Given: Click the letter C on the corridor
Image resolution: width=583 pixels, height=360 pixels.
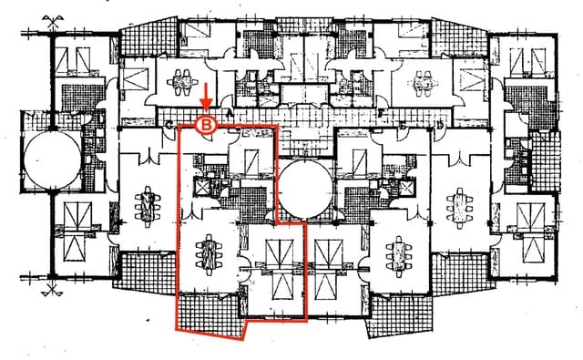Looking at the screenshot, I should (170, 123).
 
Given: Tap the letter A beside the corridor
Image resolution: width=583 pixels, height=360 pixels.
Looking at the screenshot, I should (228, 113).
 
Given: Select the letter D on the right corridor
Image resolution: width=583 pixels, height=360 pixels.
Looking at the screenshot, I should (440, 123).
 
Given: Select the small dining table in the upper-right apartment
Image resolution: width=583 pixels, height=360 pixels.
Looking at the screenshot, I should (424, 81).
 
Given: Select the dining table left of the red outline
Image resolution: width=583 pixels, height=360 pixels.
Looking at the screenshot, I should (146, 205).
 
